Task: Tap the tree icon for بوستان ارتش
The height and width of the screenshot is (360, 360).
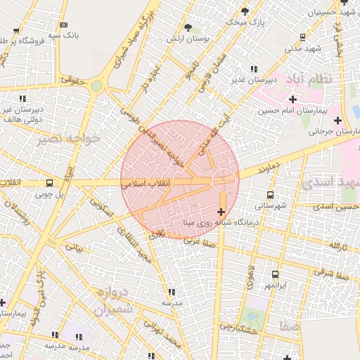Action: point(188,27)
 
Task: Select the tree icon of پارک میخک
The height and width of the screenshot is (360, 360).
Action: point(245,11)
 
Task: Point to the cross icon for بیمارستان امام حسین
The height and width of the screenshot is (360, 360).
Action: point(292,99)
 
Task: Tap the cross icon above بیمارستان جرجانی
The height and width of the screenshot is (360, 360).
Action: point(338,120)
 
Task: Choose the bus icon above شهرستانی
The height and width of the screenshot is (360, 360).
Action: point(270,195)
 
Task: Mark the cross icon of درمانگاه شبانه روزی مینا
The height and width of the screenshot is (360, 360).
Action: point(221,211)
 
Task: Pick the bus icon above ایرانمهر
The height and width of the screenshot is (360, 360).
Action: point(274,275)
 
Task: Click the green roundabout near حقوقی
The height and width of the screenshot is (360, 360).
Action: point(96,86)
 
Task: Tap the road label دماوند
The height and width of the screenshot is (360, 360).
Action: point(255,169)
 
